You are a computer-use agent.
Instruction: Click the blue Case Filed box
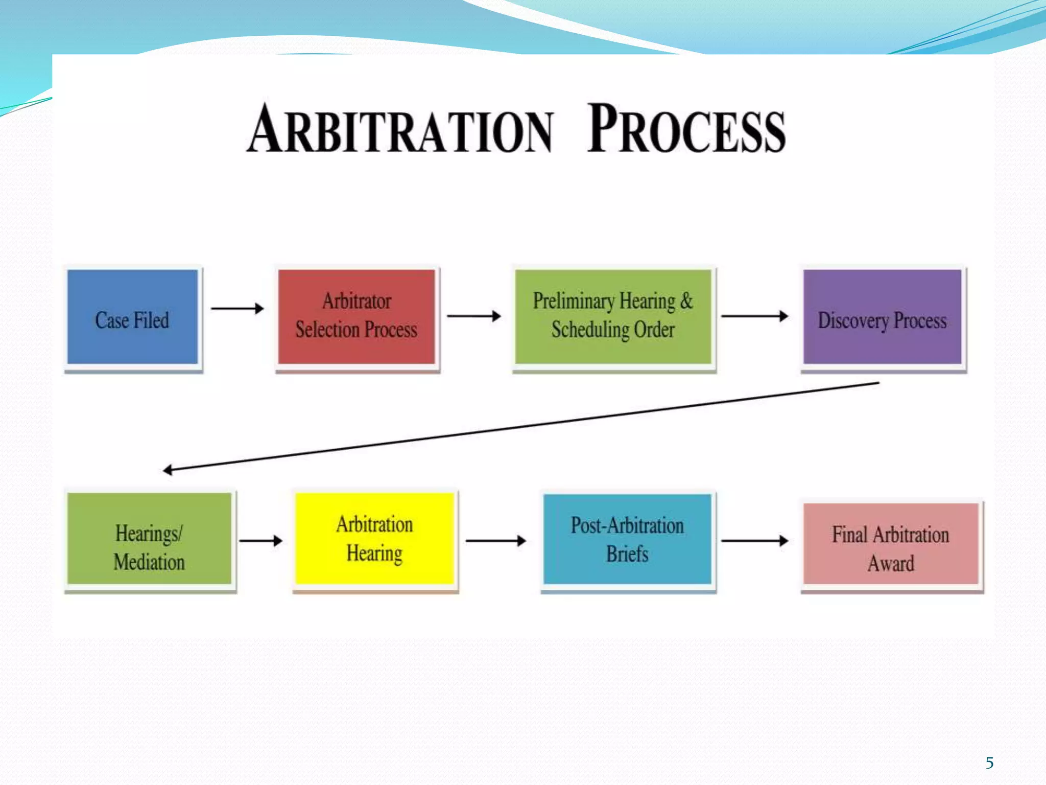[x=132, y=317]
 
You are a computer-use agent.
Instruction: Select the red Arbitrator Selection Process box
[x=356, y=317]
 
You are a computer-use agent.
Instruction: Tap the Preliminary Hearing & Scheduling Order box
[x=613, y=317]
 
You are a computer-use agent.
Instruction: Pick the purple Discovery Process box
[x=882, y=317]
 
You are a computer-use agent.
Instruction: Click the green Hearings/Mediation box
[x=149, y=539]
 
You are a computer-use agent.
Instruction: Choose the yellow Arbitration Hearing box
[x=374, y=539]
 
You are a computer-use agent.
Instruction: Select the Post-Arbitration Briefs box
[x=627, y=539]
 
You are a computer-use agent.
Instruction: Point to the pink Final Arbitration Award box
[x=891, y=544]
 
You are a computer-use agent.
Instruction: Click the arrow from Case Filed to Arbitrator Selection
[x=237, y=308]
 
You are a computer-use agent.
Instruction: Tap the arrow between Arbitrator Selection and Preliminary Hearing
[x=473, y=316]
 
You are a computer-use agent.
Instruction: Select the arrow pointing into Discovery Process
[x=754, y=316]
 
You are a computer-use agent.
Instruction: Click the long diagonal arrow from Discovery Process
[x=521, y=426]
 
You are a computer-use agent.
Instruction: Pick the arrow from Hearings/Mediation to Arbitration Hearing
[x=260, y=540]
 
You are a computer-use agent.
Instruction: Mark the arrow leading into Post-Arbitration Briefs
[x=495, y=540]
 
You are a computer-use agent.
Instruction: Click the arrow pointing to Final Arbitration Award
[x=754, y=540]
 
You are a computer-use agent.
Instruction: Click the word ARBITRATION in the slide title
[x=400, y=129]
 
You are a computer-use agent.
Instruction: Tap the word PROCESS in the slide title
[x=686, y=129]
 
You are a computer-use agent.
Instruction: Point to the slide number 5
[x=989, y=763]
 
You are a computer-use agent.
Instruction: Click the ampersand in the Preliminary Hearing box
[x=686, y=301]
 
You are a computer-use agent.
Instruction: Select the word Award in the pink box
[x=891, y=564]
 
